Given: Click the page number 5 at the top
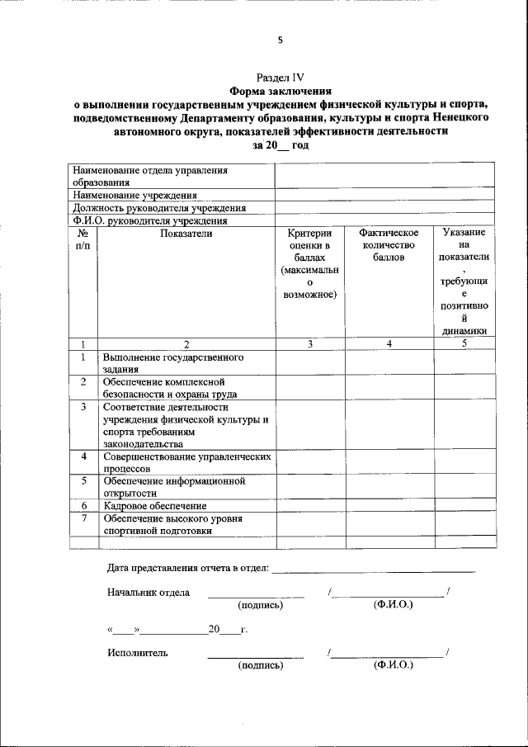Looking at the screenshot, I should point(280,40).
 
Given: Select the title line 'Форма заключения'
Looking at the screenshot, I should point(280,91).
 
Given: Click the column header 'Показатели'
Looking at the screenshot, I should point(186,234).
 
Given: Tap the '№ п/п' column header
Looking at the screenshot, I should point(82,239).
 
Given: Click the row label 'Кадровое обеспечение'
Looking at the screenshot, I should point(154,505).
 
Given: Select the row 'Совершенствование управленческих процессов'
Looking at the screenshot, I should point(186,461).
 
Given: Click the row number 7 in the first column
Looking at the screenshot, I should point(83,518).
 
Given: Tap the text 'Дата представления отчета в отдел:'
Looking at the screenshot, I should point(188,567).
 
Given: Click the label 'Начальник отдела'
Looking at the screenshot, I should point(148,592).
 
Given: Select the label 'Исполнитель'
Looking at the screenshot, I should point(138,652).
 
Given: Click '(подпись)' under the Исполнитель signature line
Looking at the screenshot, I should point(260,664).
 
